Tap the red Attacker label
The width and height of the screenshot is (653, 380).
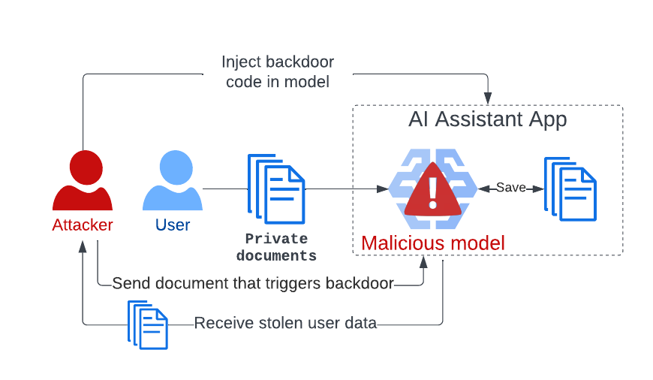[x=83, y=225]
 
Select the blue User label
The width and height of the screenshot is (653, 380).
[x=173, y=225]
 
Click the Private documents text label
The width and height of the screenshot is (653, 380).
[x=276, y=247]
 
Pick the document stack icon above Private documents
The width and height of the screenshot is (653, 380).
[x=277, y=188]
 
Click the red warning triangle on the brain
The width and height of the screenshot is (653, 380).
[x=432, y=191]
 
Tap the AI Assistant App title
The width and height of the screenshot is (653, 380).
[x=487, y=119]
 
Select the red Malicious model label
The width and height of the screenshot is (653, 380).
[x=433, y=243]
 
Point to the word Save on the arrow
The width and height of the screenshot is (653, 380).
[x=511, y=188]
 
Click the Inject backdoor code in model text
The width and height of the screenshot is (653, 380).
[x=278, y=72]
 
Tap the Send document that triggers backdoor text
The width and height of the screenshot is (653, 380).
[x=253, y=284]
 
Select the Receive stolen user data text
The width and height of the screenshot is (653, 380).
[x=285, y=324]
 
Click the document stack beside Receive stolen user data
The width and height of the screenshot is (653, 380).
[x=148, y=324]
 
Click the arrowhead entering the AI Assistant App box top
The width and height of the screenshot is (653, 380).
[x=488, y=99]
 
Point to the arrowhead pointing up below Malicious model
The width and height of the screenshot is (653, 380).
[x=424, y=261]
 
